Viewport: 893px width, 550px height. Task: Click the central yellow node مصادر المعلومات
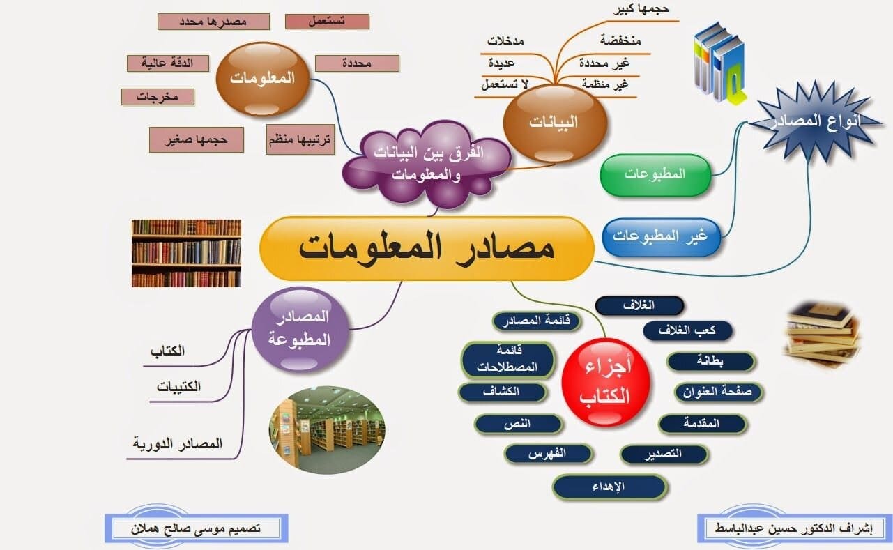427,248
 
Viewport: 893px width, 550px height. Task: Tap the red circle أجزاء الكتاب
606,382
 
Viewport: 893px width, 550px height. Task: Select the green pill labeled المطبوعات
655,174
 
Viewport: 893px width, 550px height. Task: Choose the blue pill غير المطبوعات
661,237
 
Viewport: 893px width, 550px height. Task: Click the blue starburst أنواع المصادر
815,121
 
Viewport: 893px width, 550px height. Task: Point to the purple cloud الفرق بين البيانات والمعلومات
427,163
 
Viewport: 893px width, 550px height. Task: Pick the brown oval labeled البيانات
554,123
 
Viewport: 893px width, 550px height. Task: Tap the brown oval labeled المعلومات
263,79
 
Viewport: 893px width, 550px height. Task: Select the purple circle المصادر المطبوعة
300,329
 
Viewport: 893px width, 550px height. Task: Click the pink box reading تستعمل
328,22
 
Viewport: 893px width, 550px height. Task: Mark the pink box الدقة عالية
168,63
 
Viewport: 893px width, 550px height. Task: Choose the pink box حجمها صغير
197,140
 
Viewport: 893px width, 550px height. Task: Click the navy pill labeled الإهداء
609,487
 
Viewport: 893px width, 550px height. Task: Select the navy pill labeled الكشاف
502,392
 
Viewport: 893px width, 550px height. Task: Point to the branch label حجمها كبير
641,9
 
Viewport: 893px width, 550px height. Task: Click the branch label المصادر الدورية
178,443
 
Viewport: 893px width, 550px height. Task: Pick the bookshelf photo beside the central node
187,253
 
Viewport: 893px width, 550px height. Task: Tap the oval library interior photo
327,430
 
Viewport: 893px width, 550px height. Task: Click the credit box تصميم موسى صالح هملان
197,529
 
